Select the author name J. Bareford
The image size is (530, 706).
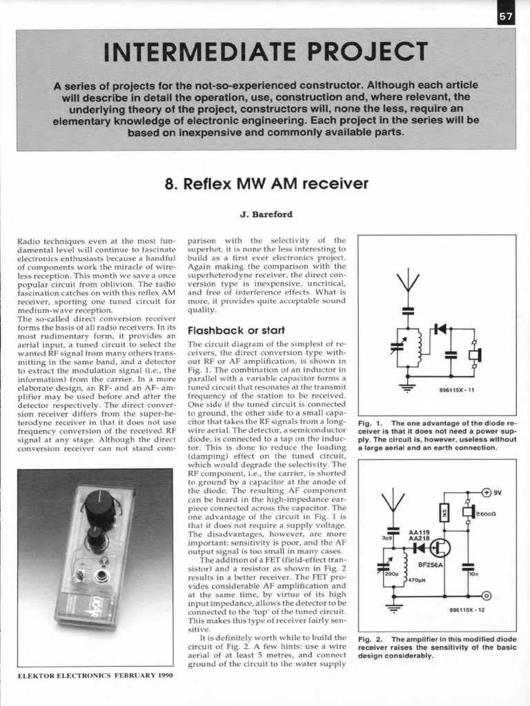pos(266,214)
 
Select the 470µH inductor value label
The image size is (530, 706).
pos(418,580)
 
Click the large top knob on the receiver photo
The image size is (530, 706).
pos(99,508)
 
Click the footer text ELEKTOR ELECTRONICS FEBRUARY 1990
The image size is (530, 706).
pos(95,675)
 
